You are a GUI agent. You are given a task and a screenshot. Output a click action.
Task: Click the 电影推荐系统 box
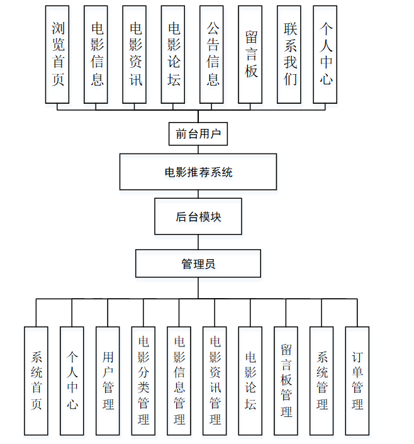pos(198,172)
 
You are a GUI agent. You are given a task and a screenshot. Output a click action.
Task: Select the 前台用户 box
pos(198,133)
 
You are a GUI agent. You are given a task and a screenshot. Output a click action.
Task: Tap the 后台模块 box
pos(198,217)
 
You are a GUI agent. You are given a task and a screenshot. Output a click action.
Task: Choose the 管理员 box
pos(198,264)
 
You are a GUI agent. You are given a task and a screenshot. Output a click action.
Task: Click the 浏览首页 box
pos(57,54)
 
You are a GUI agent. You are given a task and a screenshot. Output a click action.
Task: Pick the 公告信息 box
pos(212,54)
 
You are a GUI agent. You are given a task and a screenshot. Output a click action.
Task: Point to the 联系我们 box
pos(289,54)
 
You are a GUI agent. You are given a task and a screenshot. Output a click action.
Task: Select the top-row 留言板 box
pos(250,54)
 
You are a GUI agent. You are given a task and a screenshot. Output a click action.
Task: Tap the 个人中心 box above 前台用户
pos(326,54)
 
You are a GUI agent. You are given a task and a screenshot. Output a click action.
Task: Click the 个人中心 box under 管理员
pos(72,380)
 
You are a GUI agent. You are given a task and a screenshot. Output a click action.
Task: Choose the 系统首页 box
pos(36,380)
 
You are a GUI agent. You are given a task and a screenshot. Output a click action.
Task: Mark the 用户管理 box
pos(108,380)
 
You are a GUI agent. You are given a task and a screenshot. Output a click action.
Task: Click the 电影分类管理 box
pos(143,380)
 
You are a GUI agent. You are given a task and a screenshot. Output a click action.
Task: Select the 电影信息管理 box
pos(179,380)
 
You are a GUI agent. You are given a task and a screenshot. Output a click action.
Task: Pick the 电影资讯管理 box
pos(215,380)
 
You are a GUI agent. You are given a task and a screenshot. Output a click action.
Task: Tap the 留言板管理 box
pos(286,380)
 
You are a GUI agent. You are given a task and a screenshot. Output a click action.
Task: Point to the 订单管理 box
pos(357,380)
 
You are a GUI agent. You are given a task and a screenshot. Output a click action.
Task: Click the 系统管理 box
pos(322,380)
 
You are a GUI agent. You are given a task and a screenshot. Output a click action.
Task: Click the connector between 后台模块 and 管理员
pos(198,243)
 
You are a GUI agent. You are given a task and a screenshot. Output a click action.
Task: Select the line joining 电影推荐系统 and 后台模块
pos(198,194)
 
